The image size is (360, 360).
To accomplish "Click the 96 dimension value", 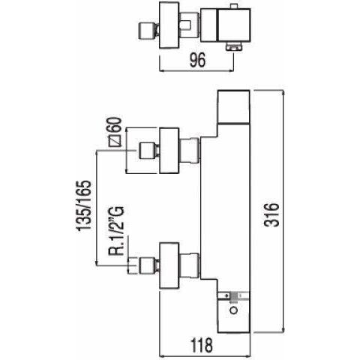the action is click(197, 60).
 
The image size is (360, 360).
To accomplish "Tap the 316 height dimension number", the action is click(271, 214).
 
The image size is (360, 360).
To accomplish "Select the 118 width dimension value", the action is click(202, 345).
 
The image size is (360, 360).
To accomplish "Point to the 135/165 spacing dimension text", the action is click(84, 205).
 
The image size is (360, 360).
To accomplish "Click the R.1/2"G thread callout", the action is click(116, 230).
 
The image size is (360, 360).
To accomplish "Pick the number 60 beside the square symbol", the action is click(114, 124).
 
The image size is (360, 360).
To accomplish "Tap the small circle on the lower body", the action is click(234, 310).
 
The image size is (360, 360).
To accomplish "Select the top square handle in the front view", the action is click(234, 106).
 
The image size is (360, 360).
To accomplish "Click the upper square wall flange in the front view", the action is click(169, 151).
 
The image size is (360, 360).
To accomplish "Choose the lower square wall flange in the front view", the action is click(169, 265).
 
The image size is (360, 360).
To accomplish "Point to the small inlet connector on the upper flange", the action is click(147, 151).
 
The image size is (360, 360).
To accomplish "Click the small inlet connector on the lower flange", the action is click(147, 265).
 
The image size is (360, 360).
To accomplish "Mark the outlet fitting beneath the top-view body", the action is click(234, 46).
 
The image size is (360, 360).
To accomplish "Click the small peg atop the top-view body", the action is click(234, 7).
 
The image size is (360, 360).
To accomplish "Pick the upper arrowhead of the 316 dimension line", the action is click(283, 93).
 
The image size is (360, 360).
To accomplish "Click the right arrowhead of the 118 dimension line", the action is click(247, 355).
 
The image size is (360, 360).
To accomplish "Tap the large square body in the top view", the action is click(234, 25).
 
